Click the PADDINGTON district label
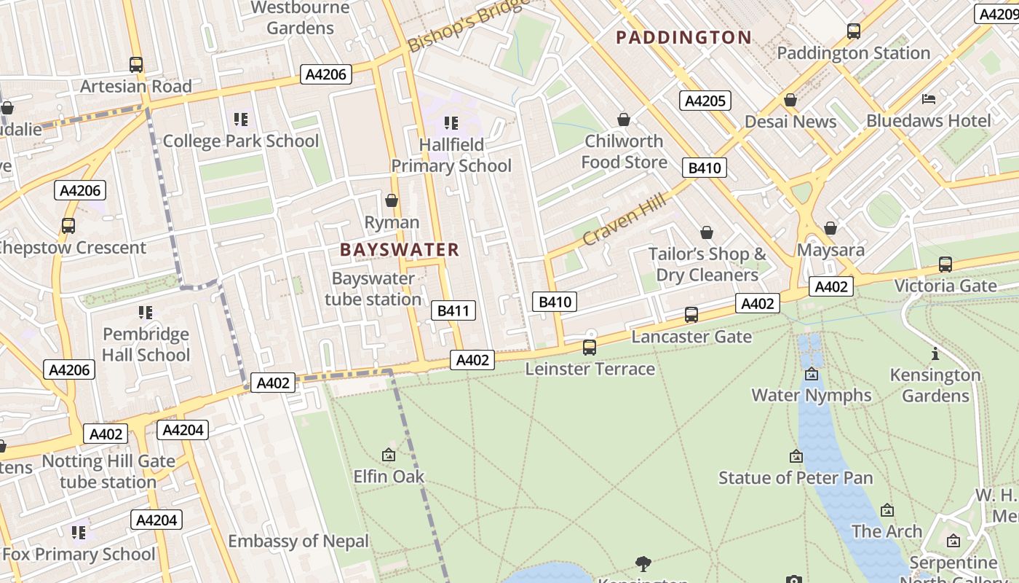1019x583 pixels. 683,38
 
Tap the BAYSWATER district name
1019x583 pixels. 400,250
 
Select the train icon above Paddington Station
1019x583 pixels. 854,31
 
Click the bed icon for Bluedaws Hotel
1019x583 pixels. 929,99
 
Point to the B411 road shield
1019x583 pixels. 453,311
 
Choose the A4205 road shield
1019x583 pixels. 705,101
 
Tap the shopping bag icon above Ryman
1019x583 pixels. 392,200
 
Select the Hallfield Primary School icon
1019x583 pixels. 451,123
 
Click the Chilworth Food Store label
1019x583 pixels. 624,152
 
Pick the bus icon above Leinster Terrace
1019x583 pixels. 590,348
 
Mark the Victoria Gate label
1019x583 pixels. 945,286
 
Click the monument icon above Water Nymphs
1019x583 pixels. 812,375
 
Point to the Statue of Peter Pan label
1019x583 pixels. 796,478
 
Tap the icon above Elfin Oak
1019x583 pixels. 389,455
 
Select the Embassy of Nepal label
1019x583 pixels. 298,541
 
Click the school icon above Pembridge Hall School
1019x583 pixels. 146,313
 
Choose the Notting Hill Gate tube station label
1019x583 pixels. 108,472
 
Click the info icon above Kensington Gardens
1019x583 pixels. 935,354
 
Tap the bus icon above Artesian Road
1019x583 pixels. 136,65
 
